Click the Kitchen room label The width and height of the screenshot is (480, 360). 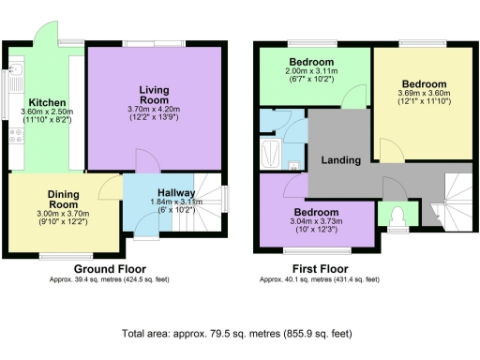[x=46, y=102]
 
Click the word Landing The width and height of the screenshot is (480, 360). [x=341, y=160]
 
